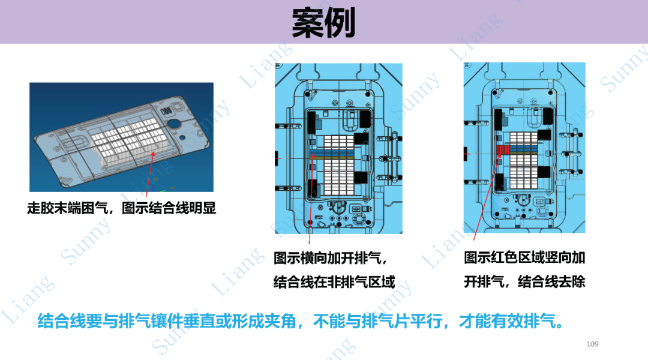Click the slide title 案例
[x=323, y=23]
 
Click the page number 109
[x=592, y=344]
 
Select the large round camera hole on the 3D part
[x=173, y=124]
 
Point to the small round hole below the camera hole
[x=182, y=137]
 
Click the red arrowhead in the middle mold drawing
[x=313, y=156]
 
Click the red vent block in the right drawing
[x=503, y=149]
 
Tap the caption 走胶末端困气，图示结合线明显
[x=121, y=208]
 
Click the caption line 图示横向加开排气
[x=330, y=259]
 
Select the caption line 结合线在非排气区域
[x=334, y=282]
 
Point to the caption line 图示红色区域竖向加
[x=524, y=257]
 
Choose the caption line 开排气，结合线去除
[x=524, y=282]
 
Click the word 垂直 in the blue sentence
[x=199, y=321]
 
